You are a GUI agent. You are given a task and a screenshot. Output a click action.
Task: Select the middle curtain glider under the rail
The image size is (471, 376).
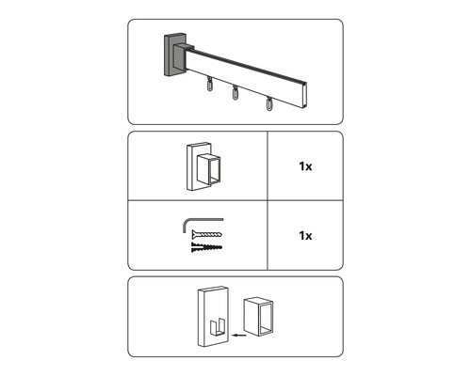234,94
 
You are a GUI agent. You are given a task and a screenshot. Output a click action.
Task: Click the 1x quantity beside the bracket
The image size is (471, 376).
305,167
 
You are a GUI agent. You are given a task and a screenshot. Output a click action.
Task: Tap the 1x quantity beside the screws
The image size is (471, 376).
305,235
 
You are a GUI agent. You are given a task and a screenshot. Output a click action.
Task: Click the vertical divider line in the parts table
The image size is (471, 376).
268,201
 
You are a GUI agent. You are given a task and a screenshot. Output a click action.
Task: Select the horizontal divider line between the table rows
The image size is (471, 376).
235,201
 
